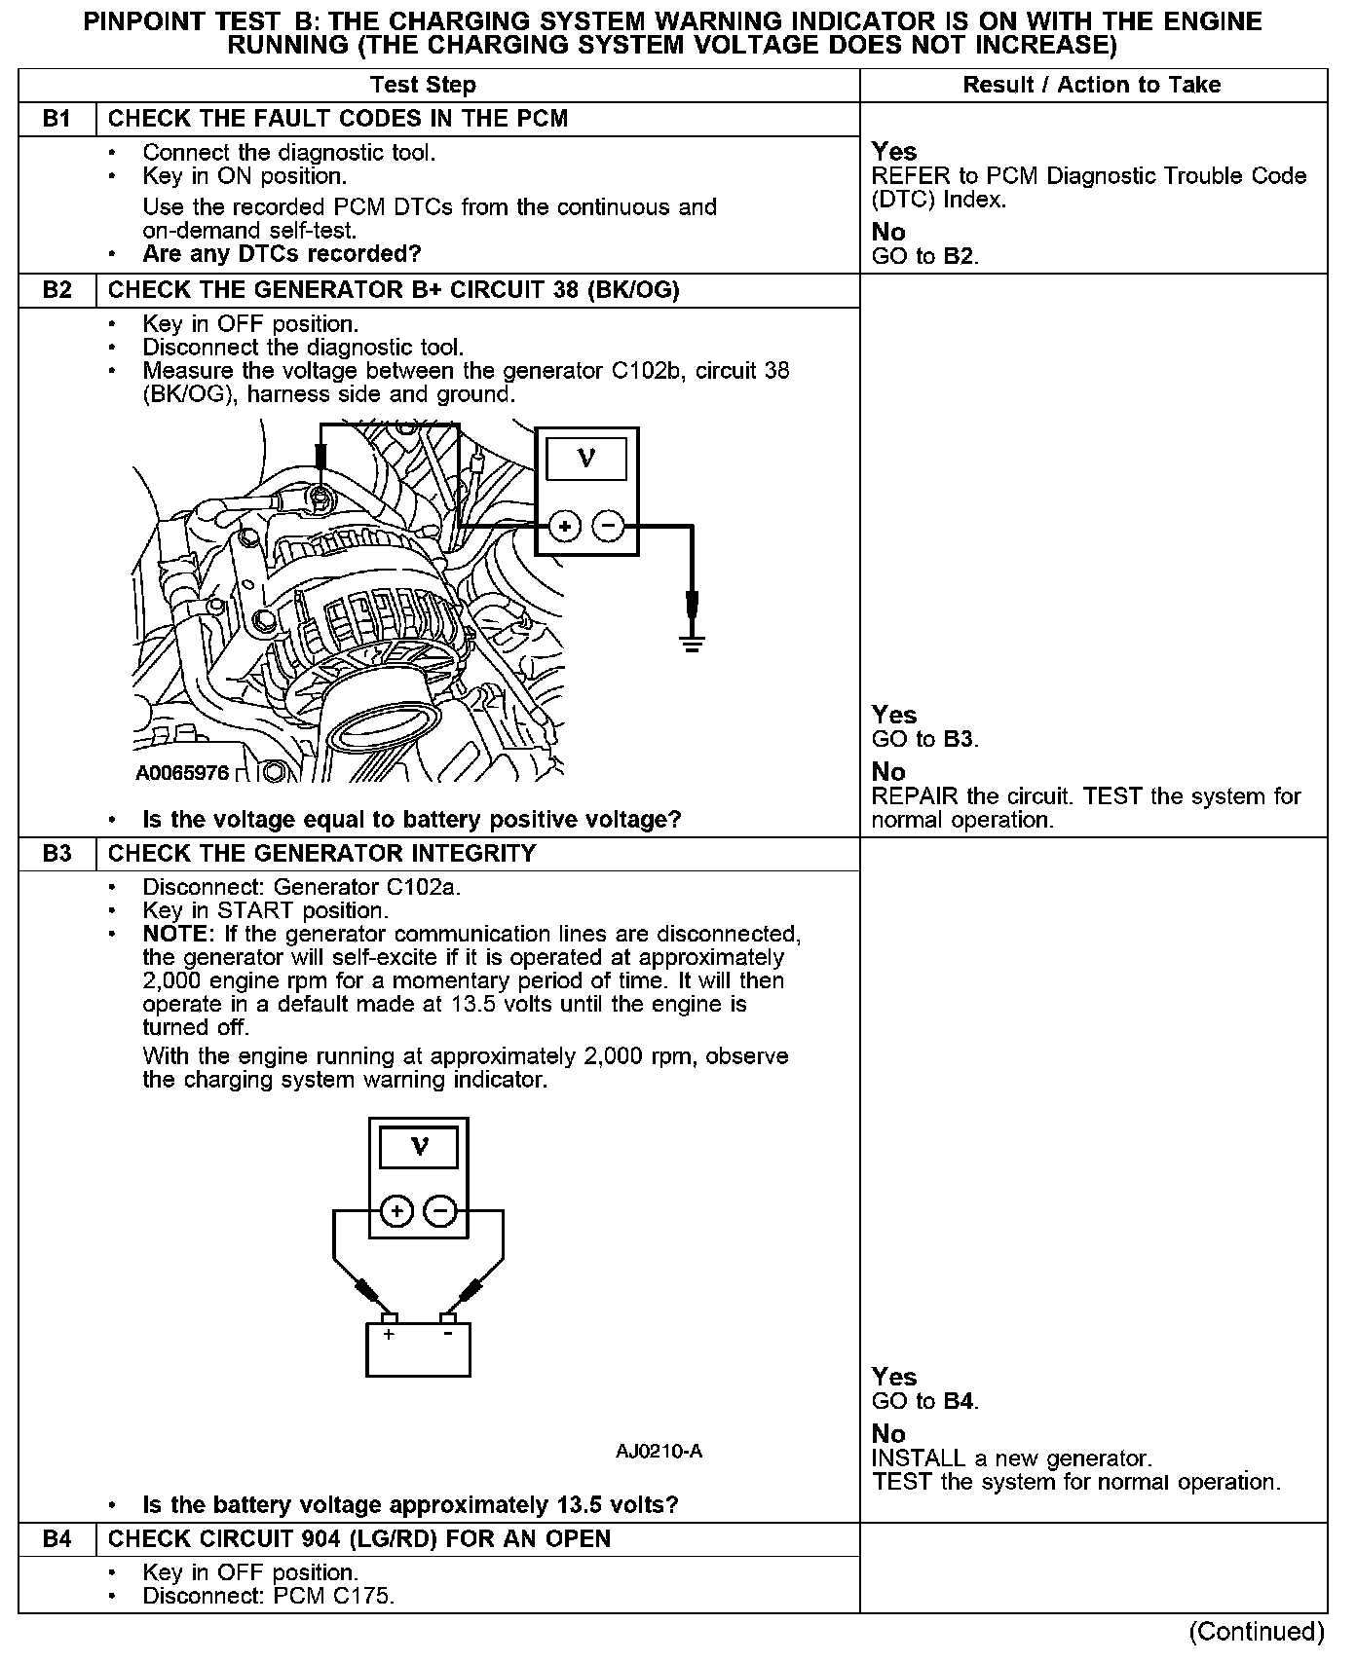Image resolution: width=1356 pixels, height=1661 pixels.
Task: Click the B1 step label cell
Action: (x=57, y=119)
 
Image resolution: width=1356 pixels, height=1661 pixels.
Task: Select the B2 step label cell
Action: (x=57, y=290)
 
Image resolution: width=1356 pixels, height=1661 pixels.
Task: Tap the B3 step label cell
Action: (x=57, y=854)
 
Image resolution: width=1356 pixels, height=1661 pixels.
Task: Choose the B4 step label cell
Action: (x=57, y=1539)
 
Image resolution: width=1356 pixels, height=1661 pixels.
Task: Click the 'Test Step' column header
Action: (x=423, y=85)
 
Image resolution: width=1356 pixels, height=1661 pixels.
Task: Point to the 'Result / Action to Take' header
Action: (x=1091, y=85)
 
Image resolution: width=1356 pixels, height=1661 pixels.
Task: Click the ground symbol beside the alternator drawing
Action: (x=692, y=642)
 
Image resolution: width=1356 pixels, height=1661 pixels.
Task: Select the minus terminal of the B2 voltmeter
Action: (x=609, y=527)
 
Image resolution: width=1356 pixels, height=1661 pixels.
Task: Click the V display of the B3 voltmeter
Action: (x=419, y=1146)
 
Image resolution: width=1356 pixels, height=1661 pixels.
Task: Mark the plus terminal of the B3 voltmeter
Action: (x=395, y=1211)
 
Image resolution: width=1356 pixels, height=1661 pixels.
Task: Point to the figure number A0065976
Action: (x=182, y=773)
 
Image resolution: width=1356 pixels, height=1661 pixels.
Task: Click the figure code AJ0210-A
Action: (x=659, y=1452)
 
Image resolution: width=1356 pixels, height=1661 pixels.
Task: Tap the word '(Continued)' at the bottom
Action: (x=1256, y=1631)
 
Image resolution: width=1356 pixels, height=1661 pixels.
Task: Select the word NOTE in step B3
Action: (x=174, y=935)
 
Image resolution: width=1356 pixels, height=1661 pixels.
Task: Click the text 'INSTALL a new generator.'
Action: (x=1011, y=1458)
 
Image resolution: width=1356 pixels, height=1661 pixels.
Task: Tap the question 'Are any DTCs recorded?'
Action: (x=282, y=254)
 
